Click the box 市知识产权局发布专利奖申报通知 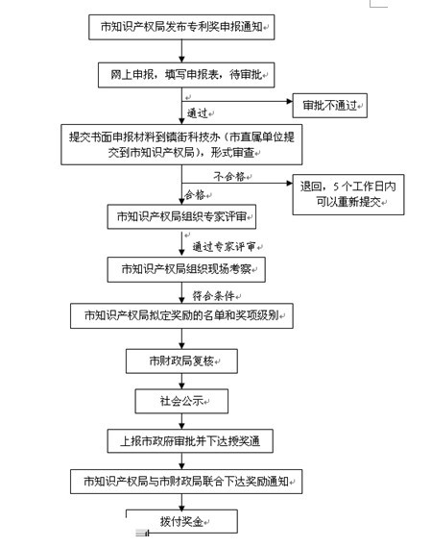(181, 27)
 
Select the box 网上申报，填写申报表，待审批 (186, 75)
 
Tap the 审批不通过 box (329, 106)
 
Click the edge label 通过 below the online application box (197, 113)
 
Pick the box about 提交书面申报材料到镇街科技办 (181, 144)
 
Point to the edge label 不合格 (229, 177)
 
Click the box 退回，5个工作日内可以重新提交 (348, 194)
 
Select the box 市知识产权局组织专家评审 (181, 216)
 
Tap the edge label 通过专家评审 (224, 247)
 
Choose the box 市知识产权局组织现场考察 (186, 269)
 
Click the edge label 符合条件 (214, 296)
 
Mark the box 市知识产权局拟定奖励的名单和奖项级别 (181, 315)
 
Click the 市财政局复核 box (181, 361)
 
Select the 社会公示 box (181, 401)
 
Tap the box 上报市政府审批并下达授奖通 (190, 441)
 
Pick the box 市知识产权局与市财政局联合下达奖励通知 (186, 482)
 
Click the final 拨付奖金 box (181, 522)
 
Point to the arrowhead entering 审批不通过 (289, 101)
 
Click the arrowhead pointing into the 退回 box (289, 183)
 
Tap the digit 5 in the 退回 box (335, 186)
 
